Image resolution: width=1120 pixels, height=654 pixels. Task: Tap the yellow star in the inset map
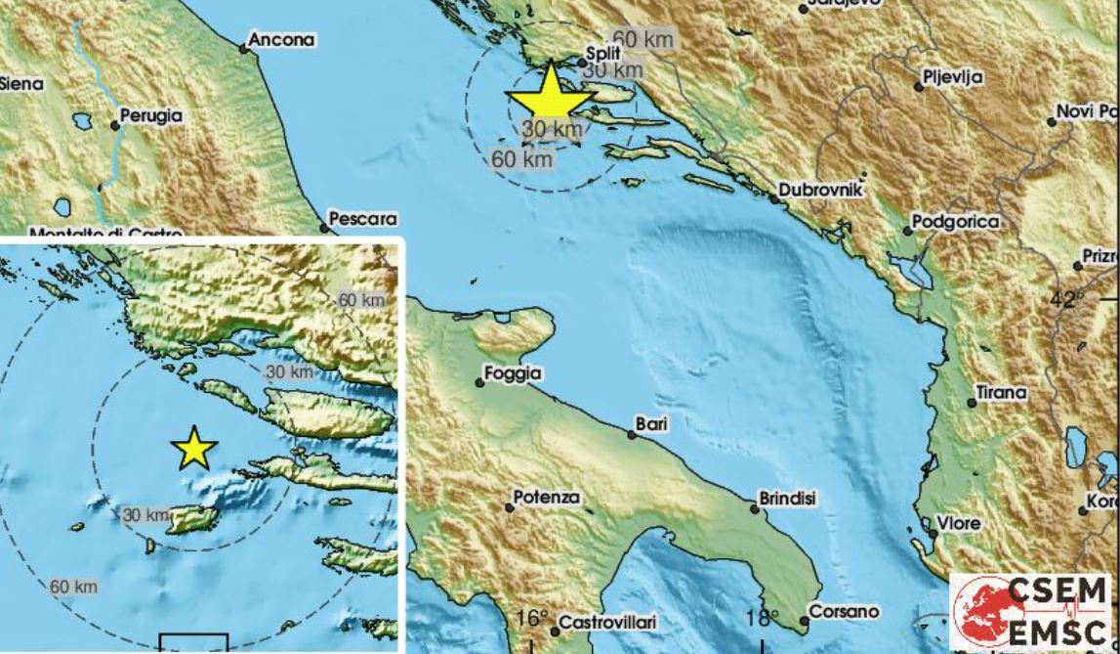tap(193, 449)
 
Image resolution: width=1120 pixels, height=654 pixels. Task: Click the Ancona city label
tap(282, 40)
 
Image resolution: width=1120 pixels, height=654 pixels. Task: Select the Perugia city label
tap(151, 115)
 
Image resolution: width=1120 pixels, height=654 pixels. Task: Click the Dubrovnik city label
tap(821, 191)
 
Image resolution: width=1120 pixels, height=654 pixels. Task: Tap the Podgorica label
tap(956, 222)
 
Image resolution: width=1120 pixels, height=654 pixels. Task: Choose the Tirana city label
tap(1003, 393)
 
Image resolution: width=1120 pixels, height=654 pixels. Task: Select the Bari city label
tap(650, 424)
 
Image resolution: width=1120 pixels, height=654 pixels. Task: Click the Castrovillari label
tap(608, 622)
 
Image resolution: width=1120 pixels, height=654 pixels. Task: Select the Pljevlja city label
tap(953, 77)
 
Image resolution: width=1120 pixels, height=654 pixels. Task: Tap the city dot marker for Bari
tap(632, 434)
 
